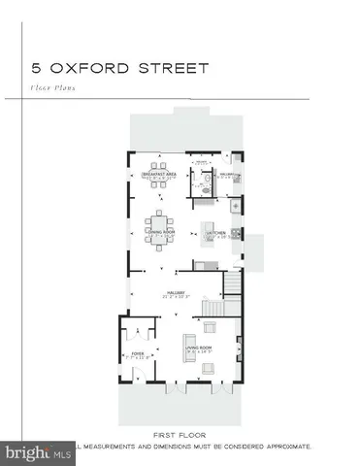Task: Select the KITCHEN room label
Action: [215, 233]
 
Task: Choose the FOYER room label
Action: [137, 354]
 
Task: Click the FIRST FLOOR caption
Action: [180, 436]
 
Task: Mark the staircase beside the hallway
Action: [233, 283]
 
